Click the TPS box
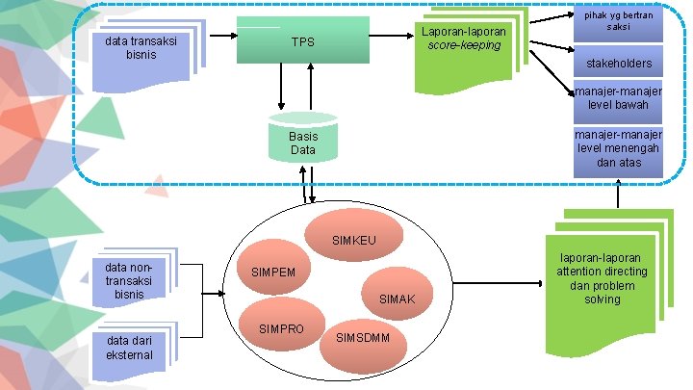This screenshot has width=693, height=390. (x=303, y=40)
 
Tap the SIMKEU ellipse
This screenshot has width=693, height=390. (x=353, y=237)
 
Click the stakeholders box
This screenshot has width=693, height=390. (x=618, y=64)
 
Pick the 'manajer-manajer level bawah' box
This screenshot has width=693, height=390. (x=618, y=98)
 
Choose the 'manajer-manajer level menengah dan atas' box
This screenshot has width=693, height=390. (x=618, y=150)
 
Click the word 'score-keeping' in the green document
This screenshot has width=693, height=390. (x=464, y=46)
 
